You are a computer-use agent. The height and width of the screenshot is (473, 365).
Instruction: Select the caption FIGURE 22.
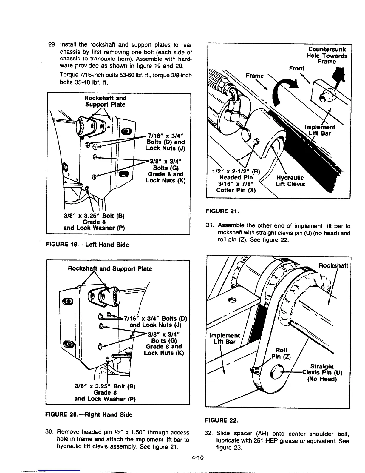pyautogui.click(x=221, y=420)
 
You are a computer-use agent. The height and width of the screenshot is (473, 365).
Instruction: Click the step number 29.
pyautogui.click(x=52, y=45)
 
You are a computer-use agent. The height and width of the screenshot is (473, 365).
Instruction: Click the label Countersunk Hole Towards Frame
pyautogui.click(x=327, y=56)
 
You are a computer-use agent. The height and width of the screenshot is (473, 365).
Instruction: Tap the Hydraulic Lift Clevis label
pyautogui.click(x=290, y=181)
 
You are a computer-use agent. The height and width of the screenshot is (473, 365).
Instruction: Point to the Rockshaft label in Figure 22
pyautogui.click(x=333, y=266)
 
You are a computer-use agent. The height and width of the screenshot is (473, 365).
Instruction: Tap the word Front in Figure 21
pyautogui.click(x=296, y=68)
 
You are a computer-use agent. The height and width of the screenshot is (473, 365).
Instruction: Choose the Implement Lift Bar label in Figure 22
pyautogui.click(x=224, y=338)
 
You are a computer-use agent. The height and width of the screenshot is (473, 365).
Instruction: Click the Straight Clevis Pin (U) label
pyautogui.click(x=322, y=373)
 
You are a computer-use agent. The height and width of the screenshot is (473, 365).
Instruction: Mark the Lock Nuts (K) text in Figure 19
pyautogui.click(x=166, y=181)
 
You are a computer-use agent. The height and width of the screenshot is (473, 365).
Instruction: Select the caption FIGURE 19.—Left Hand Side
pyautogui.click(x=87, y=245)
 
